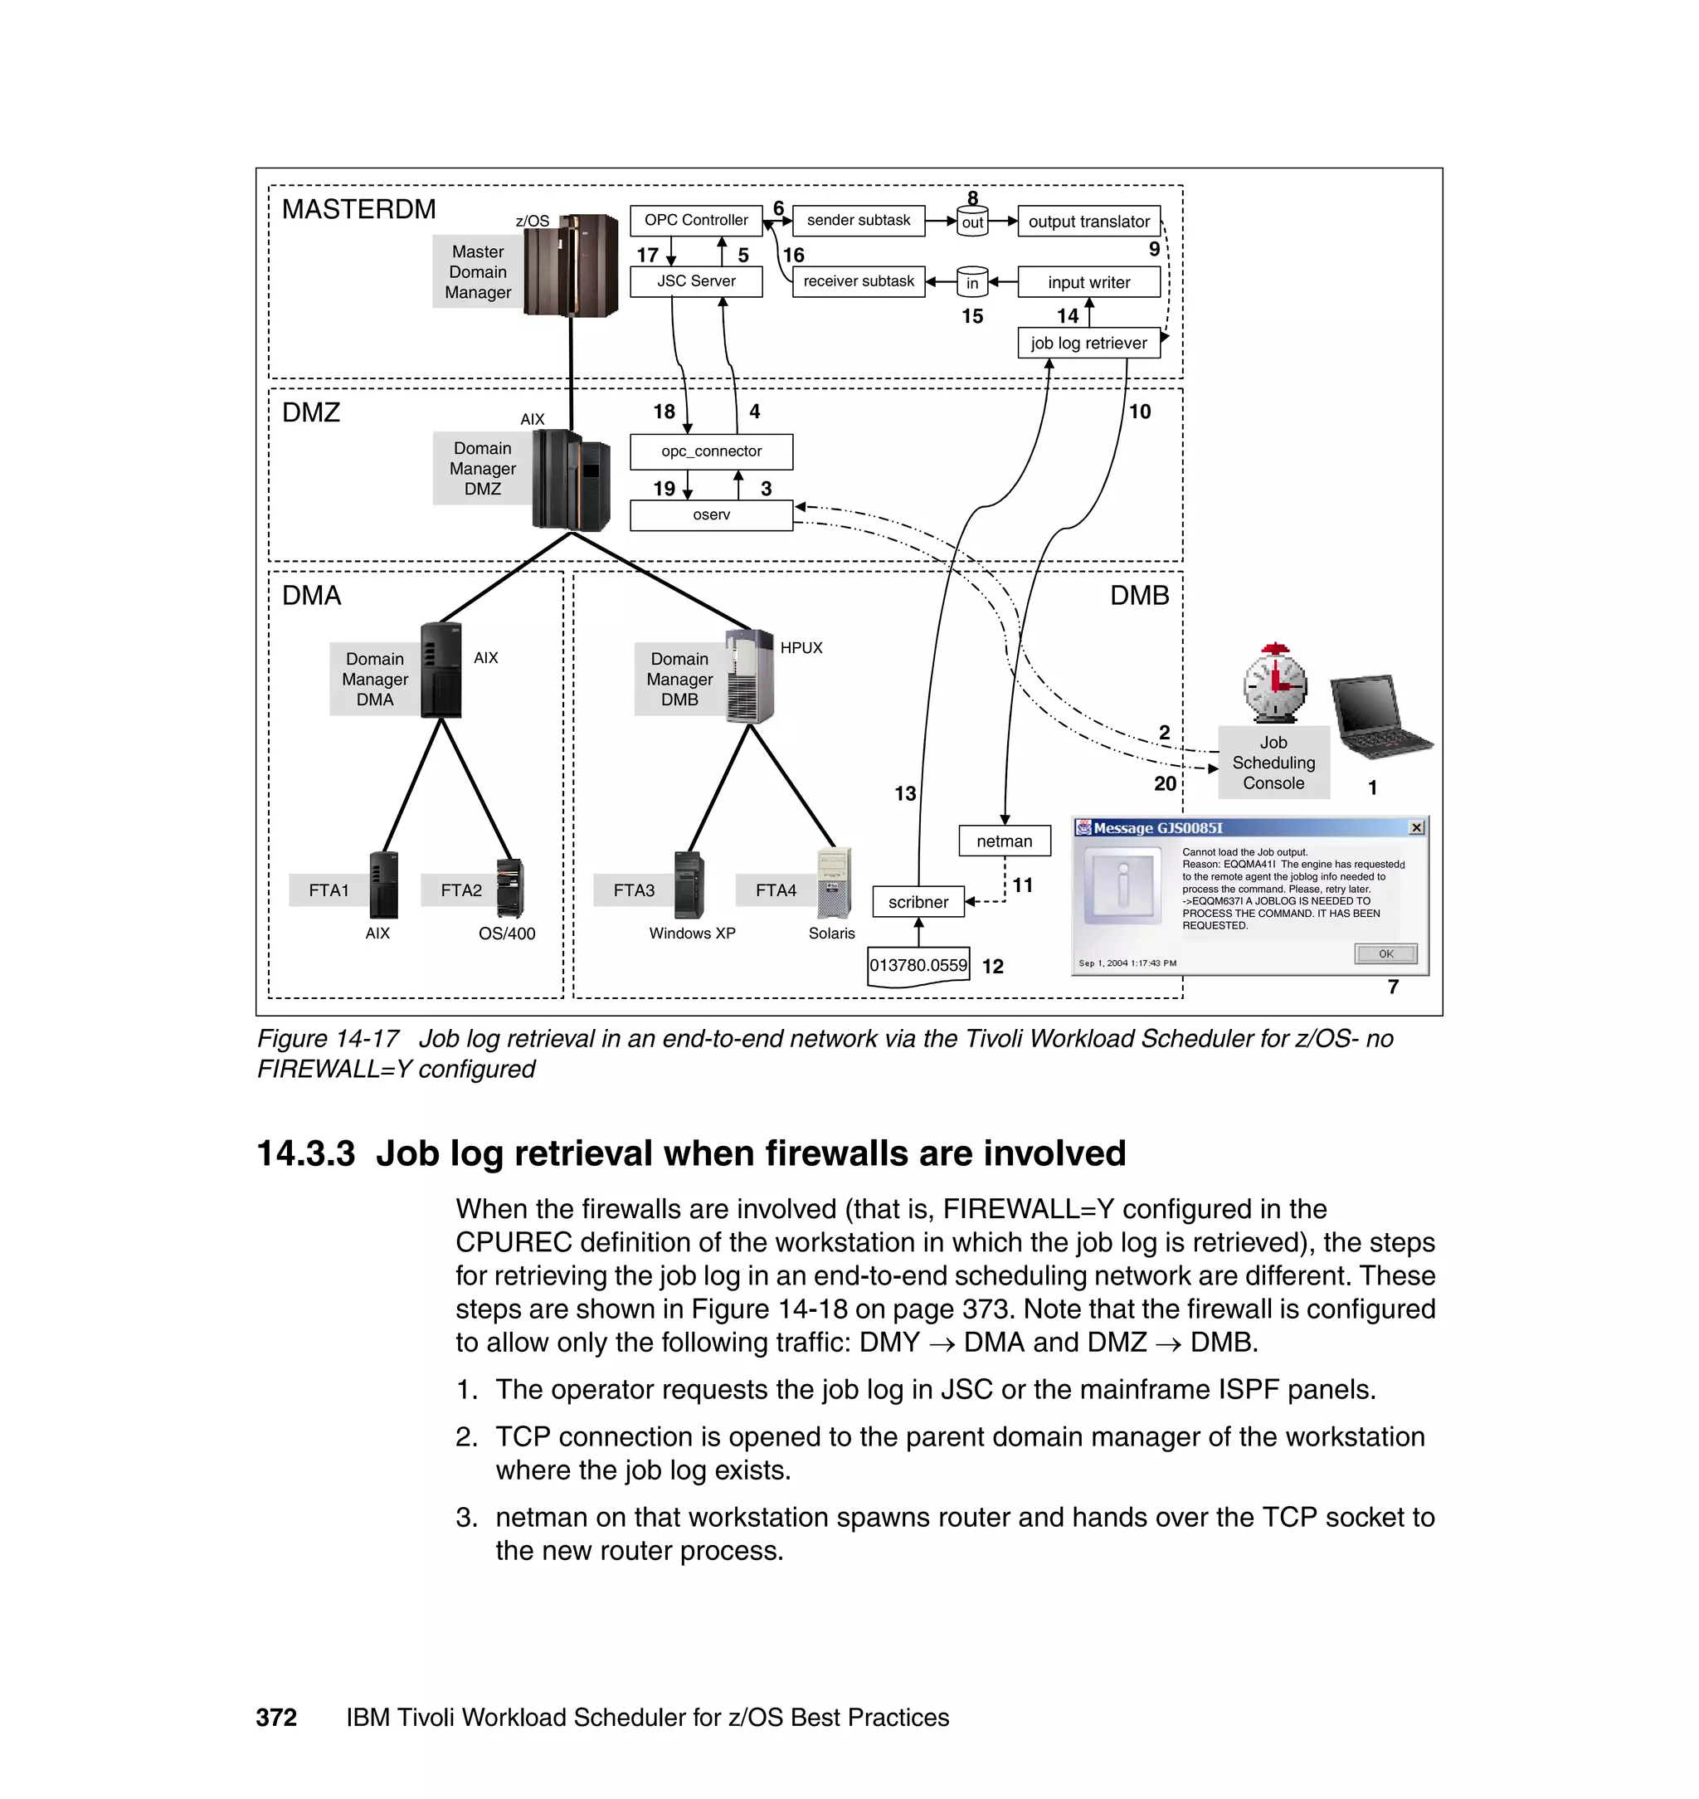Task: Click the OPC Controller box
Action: [695, 220]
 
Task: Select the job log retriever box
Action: [1088, 344]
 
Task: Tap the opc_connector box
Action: [711, 451]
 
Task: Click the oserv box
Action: [711, 514]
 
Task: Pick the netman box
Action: [1005, 841]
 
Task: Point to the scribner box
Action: [918, 902]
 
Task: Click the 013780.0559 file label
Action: [918, 966]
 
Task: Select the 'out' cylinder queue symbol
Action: [971, 222]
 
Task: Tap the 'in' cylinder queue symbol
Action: [971, 283]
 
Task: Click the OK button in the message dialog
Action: [1385, 953]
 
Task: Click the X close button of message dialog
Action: [1416, 828]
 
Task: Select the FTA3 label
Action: [633, 890]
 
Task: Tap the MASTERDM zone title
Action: [358, 209]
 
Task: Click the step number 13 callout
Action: [905, 793]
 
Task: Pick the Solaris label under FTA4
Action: [830, 933]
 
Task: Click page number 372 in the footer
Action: [276, 1718]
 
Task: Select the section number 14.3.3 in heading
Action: [305, 1154]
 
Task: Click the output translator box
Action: [1088, 222]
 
